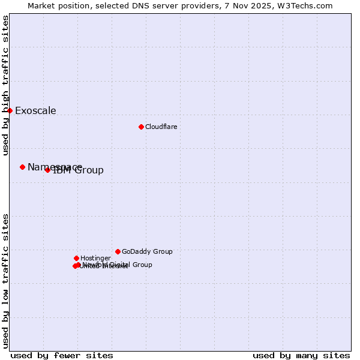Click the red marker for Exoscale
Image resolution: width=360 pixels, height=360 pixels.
(10, 110)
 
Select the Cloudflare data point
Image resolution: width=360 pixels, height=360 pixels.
(141, 127)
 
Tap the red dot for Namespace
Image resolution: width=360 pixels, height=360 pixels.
(22, 167)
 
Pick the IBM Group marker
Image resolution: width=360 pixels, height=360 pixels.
(47, 170)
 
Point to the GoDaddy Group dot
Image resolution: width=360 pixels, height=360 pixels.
(118, 251)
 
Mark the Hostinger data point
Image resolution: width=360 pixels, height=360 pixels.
(76, 258)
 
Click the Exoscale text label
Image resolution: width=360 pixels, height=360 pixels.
(35, 110)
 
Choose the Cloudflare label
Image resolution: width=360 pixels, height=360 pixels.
(161, 127)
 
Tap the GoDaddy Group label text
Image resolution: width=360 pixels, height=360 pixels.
(147, 251)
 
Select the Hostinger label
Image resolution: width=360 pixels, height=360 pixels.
(95, 258)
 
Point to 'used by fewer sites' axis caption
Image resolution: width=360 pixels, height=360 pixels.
(62, 355)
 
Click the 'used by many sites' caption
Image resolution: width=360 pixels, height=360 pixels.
(301, 355)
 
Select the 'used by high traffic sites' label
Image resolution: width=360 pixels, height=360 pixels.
(5, 85)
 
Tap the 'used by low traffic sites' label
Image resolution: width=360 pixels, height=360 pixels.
(5, 280)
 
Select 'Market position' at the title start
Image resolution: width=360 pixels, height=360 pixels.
(55, 5)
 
